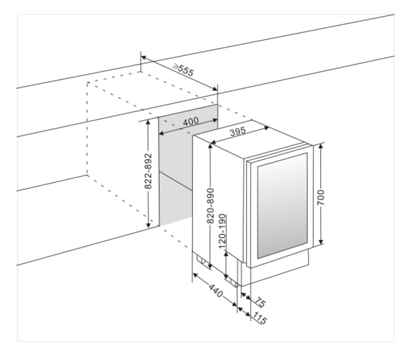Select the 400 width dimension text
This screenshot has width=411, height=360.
pos(191,121)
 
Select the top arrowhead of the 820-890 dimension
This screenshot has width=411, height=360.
pos(210,146)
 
